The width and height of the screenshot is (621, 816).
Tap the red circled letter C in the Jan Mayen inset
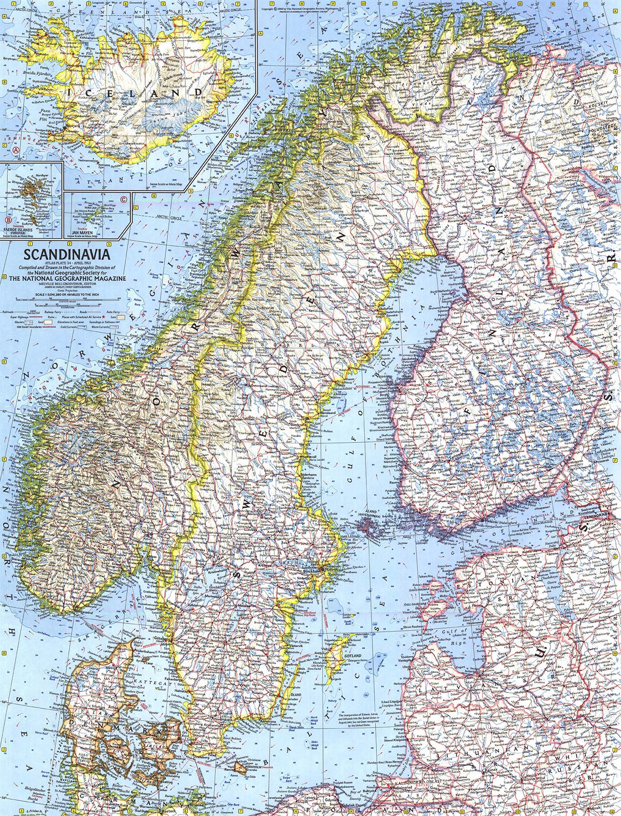pyautogui.click(x=123, y=198)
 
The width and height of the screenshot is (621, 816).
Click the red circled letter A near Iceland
pyautogui.click(x=16, y=149)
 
